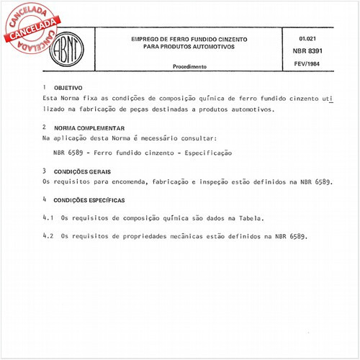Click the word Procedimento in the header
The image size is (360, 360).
coord(190,66)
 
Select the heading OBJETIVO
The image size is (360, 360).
coord(68,86)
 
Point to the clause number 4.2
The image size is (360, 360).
coord(48,235)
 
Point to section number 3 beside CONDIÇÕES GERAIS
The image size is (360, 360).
coord(45,171)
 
